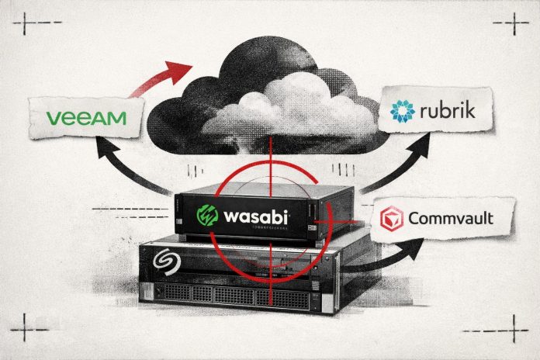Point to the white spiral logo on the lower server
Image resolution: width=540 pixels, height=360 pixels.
(164, 258)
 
